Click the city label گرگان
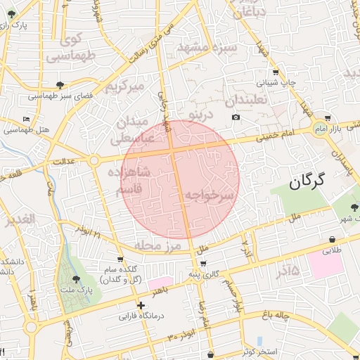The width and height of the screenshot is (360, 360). (x=307, y=182)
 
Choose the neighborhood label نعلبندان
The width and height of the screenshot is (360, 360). (x=248, y=100)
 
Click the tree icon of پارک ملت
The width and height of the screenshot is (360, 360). (x=76, y=280)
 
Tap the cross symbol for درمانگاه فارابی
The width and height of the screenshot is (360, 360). (x=141, y=305)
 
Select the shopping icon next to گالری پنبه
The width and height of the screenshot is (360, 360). (x=203, y=264)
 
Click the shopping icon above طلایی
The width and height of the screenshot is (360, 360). (x=331, y=239)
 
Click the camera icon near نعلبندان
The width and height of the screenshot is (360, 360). (x=236, y=116)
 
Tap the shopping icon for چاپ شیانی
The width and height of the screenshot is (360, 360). (x=276, y=72)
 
